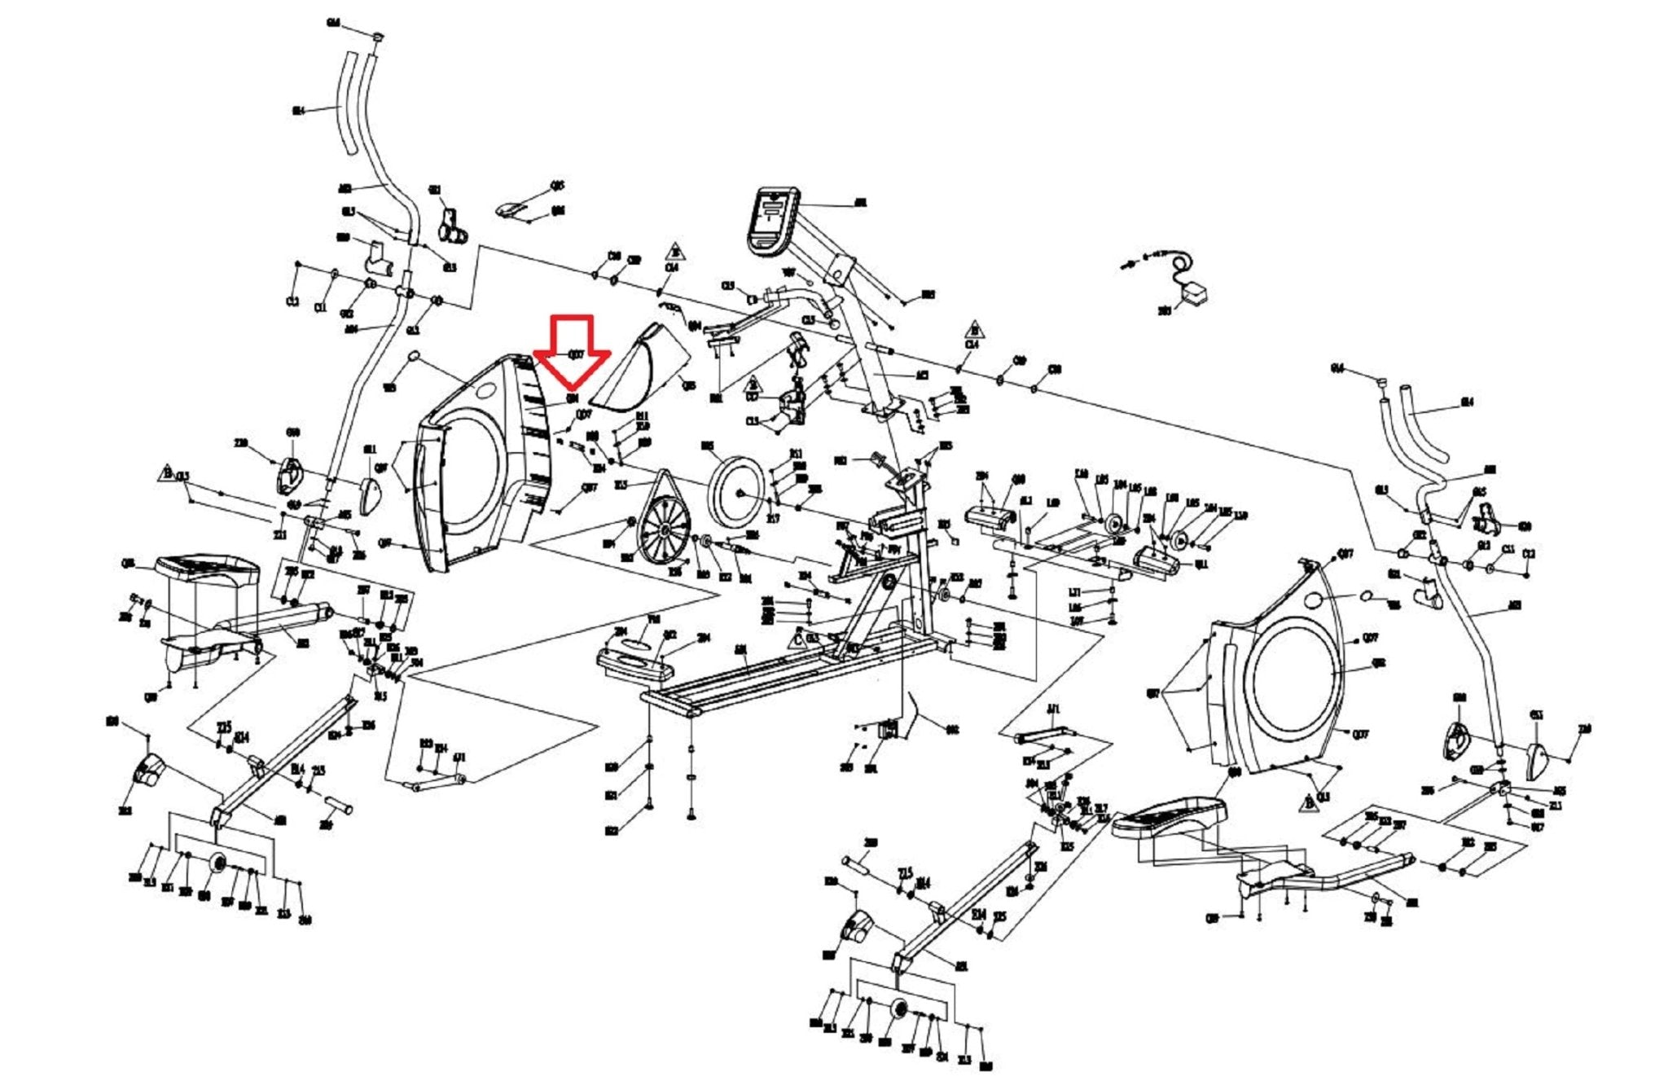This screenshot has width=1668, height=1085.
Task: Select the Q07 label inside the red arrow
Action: point(575,354)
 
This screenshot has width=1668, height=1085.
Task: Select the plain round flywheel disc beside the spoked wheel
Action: point(736,493)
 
